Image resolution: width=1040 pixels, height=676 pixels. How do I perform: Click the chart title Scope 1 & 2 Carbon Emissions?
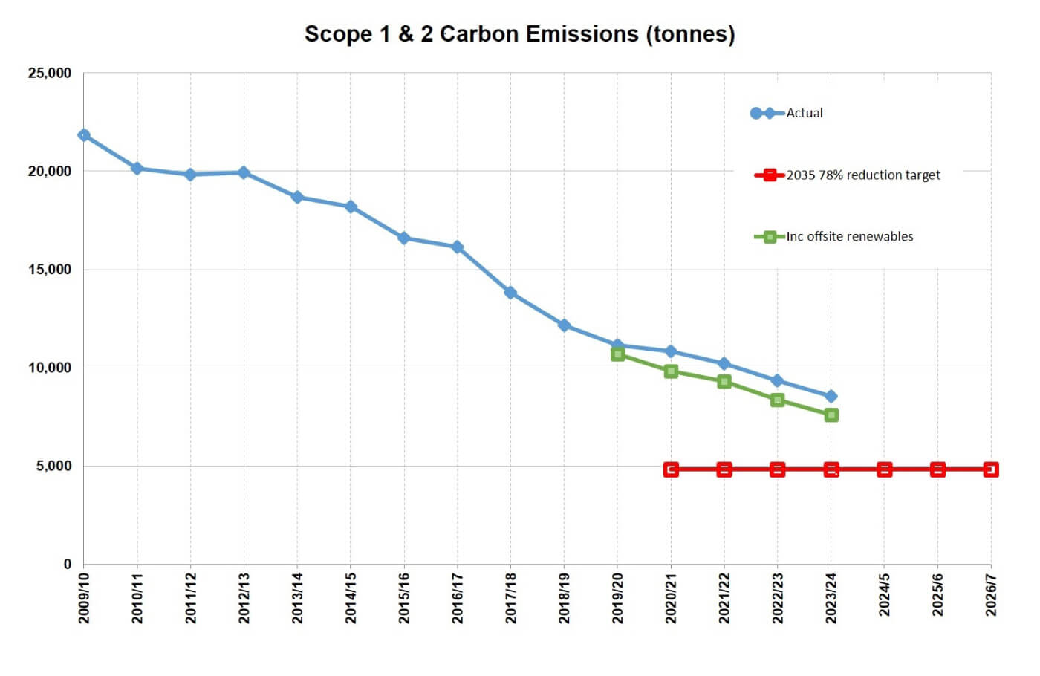(519, 34)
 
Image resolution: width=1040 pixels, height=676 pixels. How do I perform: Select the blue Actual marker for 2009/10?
(84, 135)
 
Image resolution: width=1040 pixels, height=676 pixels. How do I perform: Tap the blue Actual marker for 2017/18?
(510, 293)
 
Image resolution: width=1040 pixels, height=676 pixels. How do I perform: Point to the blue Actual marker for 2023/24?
(831, 396)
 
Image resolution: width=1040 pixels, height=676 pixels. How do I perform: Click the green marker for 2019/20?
(617, 354)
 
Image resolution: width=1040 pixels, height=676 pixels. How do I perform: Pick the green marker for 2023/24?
(831, 415)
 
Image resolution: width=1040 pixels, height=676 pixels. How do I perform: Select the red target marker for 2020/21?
(671, 469)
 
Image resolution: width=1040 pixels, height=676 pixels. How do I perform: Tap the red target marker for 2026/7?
(990, 469)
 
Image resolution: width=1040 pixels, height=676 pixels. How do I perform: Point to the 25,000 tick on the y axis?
(50, 73)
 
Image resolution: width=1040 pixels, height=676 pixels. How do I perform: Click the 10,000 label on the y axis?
(50, 368)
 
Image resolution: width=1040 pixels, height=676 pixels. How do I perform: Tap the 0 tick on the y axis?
(67, 564)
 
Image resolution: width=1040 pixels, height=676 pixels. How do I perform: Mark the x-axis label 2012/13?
(244, 597)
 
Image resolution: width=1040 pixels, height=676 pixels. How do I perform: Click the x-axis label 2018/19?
(564, 597)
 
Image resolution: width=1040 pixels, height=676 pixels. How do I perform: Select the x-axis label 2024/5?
(884, 594)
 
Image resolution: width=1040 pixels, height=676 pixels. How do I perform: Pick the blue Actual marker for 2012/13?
(244, 172)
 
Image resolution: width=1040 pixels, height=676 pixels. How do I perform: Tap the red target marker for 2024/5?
(884, 469)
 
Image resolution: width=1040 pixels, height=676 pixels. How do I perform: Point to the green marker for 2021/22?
(724, 381)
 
